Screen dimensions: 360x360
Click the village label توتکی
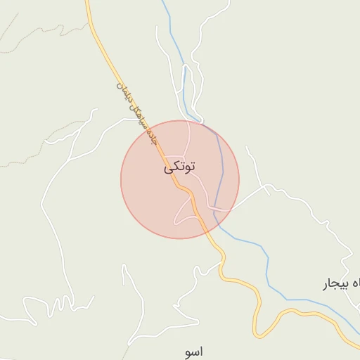coord(180,167)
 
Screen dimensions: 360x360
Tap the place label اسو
coord(192,352)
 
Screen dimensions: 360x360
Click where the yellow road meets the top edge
coord(88,2)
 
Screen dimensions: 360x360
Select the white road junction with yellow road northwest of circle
coord(139,119)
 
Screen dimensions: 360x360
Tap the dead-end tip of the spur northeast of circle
coord(247,148)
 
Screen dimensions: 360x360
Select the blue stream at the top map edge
coord(163,2)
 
